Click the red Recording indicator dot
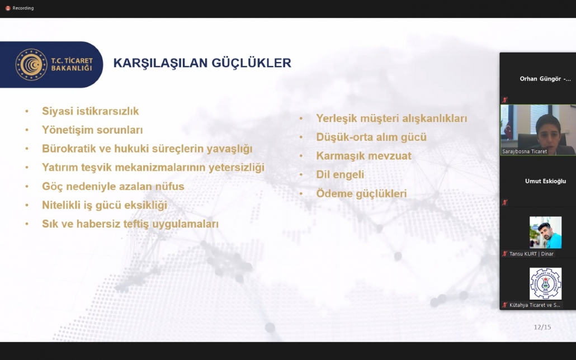(x=8, y=8)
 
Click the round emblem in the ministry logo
(x=31, y=65)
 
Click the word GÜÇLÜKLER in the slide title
(x=251, y=63)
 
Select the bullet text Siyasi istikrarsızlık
(x=91, y=111)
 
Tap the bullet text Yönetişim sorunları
(x=92, y=130)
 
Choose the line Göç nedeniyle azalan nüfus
(x=113, y=186)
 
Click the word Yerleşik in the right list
(x=337, y=119)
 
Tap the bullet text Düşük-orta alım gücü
(x=371, y=138)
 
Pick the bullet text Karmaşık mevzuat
(x=363, y=156)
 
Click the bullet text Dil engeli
(x=340, y=174)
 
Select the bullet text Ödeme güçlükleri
(x=361, y=193)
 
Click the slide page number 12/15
(x=542, y=327)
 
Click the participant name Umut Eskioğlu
(x=545, y=181)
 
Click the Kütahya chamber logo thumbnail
(x=545, y=283)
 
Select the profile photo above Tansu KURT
(x=545, y=232)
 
